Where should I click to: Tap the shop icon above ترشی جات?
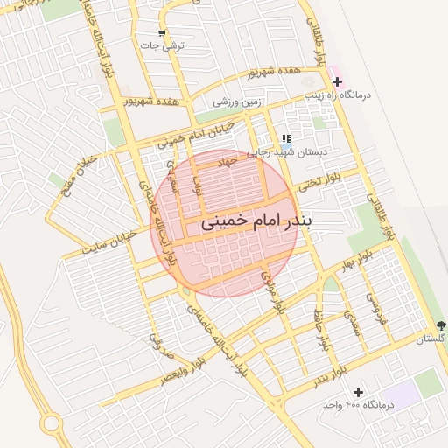pyautogui.click(x=161, y=33)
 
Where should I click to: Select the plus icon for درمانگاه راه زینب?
pyautogui.click(x=337, y=81)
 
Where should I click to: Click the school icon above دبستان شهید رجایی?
pyautogui.click(x=285, y=138)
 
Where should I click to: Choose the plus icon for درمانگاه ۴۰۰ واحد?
pyautogui.click(x=357, y=392)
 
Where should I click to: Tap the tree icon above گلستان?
pyautogui.click(x=441, y=325)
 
